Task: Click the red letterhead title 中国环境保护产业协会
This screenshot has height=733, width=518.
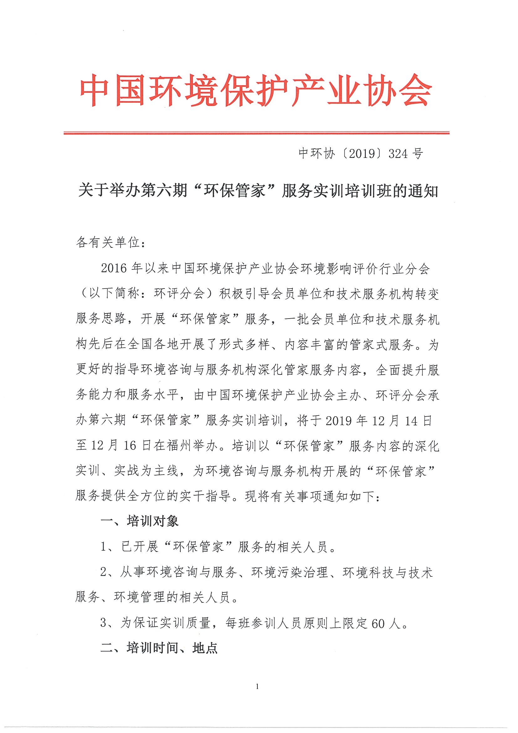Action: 256,90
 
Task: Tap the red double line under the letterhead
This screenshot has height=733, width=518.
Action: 256,133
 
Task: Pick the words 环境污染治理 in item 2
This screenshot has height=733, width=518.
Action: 290,572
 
